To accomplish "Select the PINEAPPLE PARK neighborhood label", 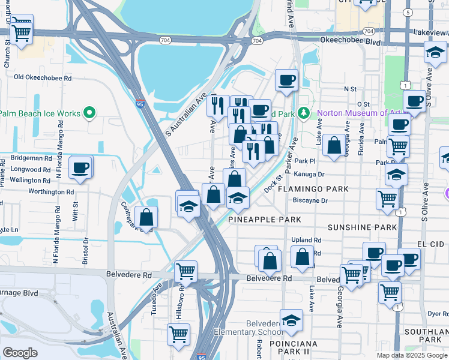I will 264,220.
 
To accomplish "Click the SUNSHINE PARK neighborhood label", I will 362,227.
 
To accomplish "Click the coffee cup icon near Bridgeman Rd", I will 80,169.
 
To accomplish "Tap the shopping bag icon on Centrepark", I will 146,219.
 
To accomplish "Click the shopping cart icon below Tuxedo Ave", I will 178,335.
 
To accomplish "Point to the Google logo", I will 20,352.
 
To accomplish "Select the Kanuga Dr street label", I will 309,175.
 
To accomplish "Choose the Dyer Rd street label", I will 438,313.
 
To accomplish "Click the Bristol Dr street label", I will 86,248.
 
